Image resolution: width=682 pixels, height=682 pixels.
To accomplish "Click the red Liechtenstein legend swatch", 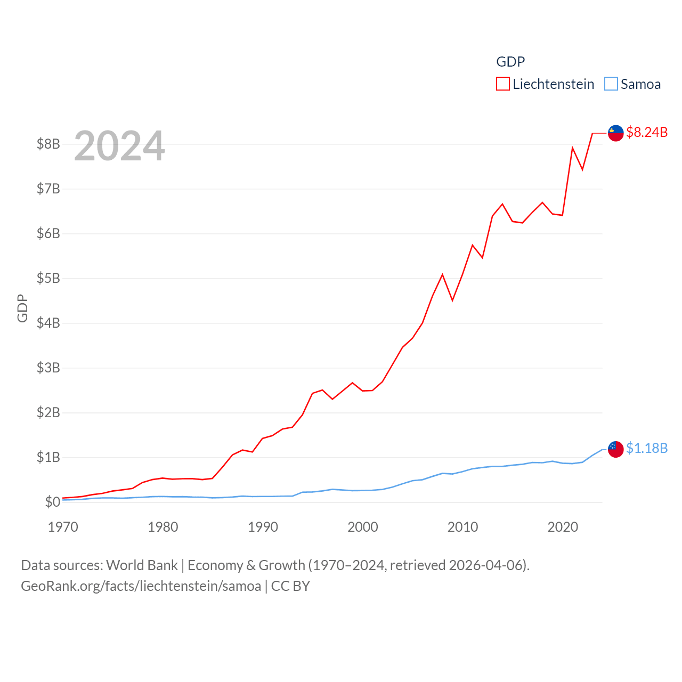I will point(503,84).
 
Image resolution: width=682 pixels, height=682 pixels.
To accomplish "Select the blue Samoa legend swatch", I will point(611,84).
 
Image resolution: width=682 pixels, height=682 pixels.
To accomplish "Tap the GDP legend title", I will point(510,62).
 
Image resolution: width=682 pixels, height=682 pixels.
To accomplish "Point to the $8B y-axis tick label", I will point(48,144).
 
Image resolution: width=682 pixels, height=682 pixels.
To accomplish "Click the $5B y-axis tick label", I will point(48,278).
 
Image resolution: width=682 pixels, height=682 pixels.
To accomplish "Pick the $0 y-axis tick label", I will point(52,502).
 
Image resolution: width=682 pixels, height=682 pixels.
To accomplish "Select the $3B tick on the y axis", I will point(48,368).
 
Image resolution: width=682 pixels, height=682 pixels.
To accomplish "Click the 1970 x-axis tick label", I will point(63,527).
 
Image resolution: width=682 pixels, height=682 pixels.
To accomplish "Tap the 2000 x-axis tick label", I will point(363,527).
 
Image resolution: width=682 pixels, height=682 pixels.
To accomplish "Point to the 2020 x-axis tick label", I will point(563,527).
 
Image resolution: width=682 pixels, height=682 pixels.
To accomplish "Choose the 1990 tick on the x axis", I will point(263,527).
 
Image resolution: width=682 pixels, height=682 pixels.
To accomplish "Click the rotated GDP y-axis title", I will point(22,308).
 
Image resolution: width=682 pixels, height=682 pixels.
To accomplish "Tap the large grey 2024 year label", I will point(119,146).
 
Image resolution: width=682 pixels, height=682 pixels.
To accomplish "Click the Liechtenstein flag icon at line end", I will point(616,133).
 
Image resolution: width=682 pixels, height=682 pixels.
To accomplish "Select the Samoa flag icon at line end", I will point(616,449).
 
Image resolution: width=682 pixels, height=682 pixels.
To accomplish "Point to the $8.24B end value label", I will point(647,132).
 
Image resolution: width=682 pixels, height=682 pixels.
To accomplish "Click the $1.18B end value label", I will point(647,448).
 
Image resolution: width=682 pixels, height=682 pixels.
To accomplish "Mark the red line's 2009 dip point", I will point(452,301).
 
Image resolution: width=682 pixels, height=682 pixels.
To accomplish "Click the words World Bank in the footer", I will point(142,565).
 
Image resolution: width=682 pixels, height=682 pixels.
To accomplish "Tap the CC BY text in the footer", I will point(290,586).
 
